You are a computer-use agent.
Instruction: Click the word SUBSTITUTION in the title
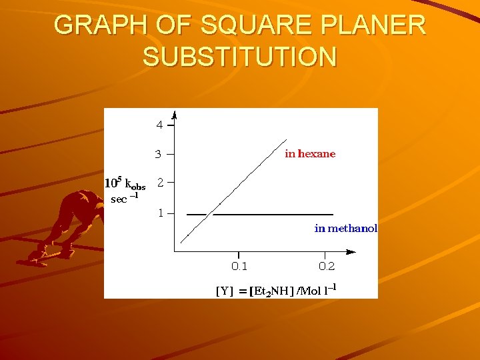tap(239, 57)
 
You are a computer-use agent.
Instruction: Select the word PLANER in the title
tap(373, 25)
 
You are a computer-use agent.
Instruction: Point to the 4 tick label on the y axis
tap(159, 125)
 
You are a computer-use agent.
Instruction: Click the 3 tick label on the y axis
tap(158, 154)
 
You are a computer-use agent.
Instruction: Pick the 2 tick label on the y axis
tap(159, 181)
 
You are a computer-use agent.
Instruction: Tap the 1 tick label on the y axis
tap(159, 213)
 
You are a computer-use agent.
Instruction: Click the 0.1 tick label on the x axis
tap(239, 267)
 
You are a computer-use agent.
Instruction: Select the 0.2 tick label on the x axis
tap(327, 267)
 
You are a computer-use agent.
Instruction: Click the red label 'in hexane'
tap(310, 154)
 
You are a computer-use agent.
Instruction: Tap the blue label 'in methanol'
tap(345, 229)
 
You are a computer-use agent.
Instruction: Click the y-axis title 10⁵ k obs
tap(125, 184)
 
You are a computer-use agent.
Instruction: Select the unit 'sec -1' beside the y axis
tap(124, 199)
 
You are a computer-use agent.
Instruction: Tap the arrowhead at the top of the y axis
tap(174, 113)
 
